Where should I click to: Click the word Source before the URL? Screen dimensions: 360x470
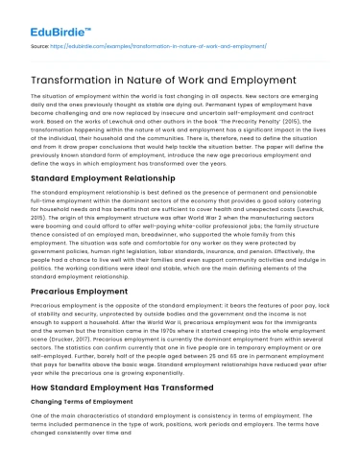click(39, 44)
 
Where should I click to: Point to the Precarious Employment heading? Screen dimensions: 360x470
click(79, 289)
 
